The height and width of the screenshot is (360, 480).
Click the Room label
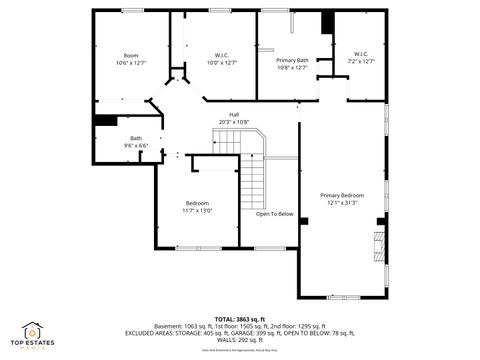(131, 55)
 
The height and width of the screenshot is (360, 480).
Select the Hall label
(234, 115)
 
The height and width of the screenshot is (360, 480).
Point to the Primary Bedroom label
(342, 195)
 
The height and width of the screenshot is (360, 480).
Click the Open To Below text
(274, 214)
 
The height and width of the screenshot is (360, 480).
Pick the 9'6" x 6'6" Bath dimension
(135, 146)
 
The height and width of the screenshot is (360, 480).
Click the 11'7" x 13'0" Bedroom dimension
(197, 210)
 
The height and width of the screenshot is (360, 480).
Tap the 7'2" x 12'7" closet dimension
(361, 61)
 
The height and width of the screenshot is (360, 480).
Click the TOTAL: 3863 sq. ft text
(239, 318)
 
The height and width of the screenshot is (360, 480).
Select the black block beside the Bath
(105, 121)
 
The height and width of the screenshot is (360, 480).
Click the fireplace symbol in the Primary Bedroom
(377, 244)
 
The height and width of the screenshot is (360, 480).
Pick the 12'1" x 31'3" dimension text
(342, 203)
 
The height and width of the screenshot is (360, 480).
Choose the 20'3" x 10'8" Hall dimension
(234, 123)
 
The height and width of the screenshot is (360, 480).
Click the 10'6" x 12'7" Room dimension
(131, 63)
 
